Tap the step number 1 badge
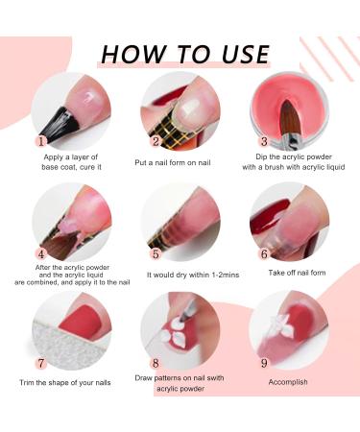pos(41,141)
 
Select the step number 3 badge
pos(264,141)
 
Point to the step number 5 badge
pos(156,254)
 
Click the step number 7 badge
pos(41,363)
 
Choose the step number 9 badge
pos(264,363)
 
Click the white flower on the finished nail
pos(281,324)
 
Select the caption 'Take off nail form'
pos(297,273)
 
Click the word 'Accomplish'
pos(288,382)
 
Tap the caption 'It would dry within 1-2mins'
pos(193,275)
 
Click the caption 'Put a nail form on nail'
pos(173,162)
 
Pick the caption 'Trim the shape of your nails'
pos(65,383)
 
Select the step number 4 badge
pos(41,254)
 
